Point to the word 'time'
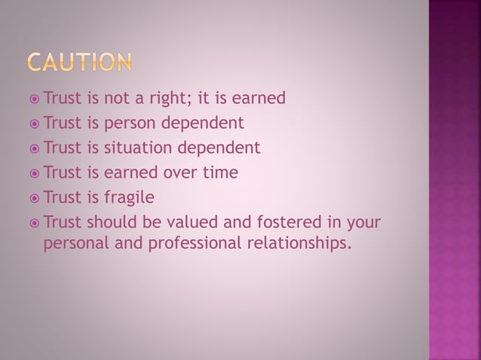222,172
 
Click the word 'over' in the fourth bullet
180,172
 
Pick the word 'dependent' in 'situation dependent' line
223,148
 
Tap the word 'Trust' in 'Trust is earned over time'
64,172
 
